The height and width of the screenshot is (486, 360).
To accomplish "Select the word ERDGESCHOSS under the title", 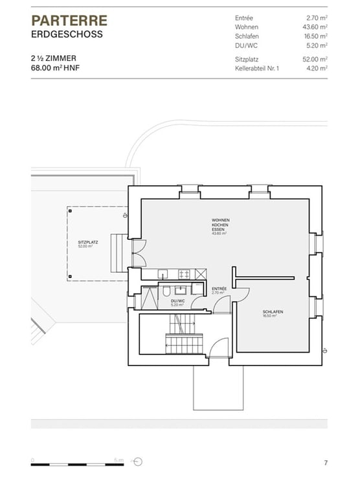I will click(67, 34).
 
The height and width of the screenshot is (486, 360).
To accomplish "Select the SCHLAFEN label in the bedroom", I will click(273, 313).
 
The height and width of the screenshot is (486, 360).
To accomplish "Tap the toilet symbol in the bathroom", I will click(166, 290).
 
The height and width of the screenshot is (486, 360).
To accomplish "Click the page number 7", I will click(326, 462).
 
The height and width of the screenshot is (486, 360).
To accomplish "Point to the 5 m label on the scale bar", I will click(118, 459).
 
